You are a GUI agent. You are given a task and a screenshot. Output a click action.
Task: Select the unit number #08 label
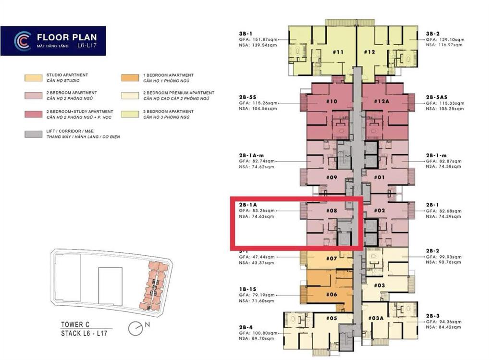click(332, 211)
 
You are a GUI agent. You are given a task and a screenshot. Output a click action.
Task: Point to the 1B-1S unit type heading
click(247, 288)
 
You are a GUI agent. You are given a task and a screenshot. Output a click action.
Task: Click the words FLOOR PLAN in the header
click(66, 37)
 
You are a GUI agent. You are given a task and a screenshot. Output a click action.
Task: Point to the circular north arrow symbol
click(136, 328)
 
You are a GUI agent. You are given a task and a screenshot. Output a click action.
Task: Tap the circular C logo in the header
click(22, 41)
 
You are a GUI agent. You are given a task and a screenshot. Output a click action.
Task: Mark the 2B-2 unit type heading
click(433, 251)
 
